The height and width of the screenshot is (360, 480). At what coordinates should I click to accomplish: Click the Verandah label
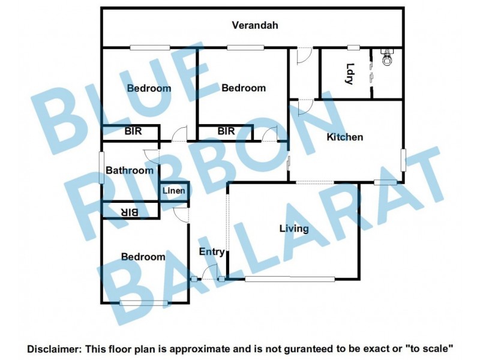coord(256,25)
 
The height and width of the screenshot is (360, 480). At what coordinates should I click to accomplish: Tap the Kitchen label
coord(344,137)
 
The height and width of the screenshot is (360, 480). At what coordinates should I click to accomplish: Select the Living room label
coord(294,228)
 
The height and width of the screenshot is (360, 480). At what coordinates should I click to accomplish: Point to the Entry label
coord(212,252)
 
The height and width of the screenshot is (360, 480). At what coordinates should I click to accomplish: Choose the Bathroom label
coord(130,170)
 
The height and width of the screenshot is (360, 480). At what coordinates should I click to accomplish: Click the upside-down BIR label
coord(130,212)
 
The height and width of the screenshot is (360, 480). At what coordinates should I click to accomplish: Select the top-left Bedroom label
coord(149,88)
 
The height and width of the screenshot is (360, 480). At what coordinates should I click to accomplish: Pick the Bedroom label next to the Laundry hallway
coord(244,88)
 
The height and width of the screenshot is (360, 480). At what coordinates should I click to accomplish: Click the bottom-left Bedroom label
coord(143,257)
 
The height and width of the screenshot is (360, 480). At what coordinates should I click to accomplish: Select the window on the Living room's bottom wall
coord(289,278)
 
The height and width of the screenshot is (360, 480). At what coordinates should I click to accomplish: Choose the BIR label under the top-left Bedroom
coord(133,131)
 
